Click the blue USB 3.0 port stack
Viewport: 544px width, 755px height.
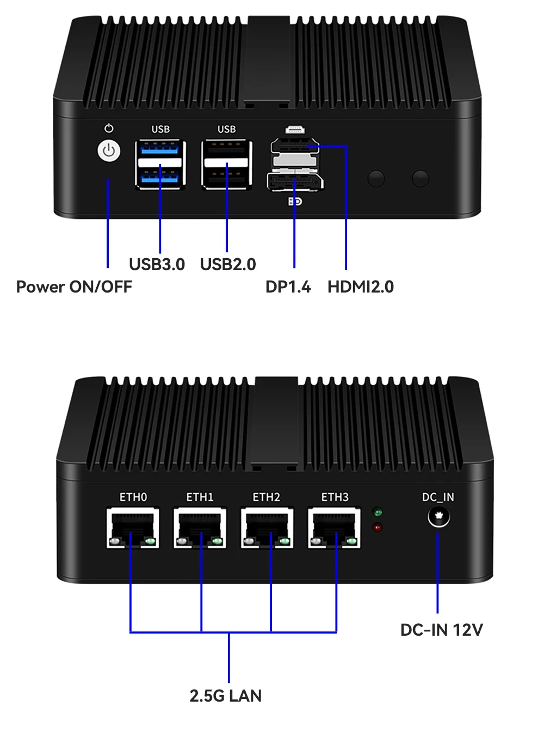click(160, 165)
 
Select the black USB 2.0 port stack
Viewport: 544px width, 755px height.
click(226, 165)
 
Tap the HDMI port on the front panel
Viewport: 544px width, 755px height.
click(295, 146)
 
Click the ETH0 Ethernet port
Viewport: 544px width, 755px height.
click(133, 528)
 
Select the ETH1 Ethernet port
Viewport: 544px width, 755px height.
click(200, 528)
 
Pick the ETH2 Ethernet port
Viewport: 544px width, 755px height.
click(267, 528)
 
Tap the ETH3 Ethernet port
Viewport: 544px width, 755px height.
click(334, 528)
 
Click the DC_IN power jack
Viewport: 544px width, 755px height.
click(438, 516)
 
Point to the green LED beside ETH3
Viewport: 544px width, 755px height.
click(378, 512)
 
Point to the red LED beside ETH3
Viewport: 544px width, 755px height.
click(378, 527)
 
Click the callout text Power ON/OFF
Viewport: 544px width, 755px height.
click(74, 287)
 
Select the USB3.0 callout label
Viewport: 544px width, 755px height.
click(157, 264)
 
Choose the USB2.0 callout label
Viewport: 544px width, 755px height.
click(228, 264)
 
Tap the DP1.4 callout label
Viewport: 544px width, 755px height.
click(288, 287)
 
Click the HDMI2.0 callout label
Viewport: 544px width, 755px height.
click(360, 287)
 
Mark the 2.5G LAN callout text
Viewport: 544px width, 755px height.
click(225, 696)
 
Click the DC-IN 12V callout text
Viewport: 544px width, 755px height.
click(441, 630)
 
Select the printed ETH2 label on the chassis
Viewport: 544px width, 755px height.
click(266, 497)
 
